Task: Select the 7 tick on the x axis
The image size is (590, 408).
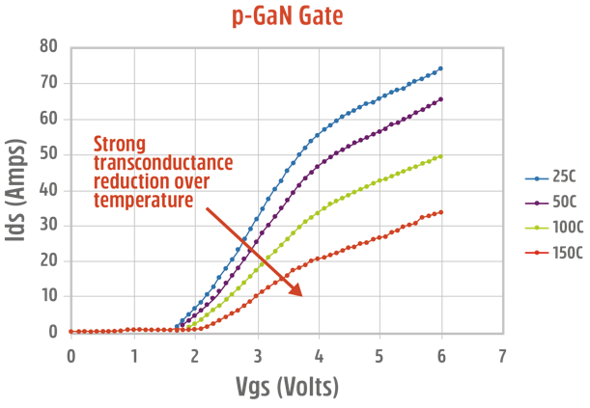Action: [x=502, y=355]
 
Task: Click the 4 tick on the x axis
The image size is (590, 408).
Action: [x=318, y=355]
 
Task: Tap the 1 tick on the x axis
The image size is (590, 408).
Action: [x=133, y=355]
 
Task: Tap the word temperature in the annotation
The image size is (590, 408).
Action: [x=143, y=200]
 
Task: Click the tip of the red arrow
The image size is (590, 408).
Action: [x=302, y=295]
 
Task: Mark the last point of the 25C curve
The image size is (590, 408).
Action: [x=440, y=68]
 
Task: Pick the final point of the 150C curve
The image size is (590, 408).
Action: [x=440, y=212]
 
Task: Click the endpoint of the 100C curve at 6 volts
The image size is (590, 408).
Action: [x=440, y=156]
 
